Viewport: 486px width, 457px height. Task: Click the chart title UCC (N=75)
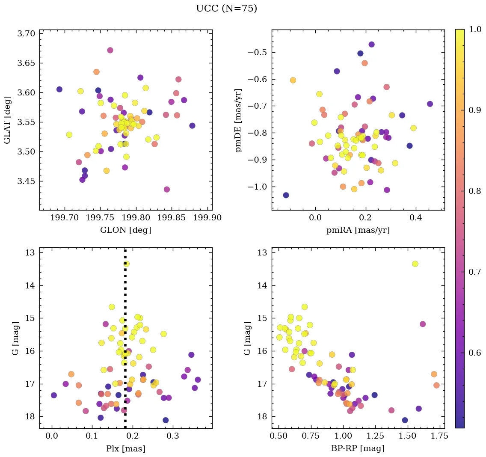pos(226,9)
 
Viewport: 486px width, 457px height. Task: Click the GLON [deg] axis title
pos(125,230)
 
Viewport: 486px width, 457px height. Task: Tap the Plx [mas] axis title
pos(125,448)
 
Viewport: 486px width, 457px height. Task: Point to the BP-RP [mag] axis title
pos(358,448)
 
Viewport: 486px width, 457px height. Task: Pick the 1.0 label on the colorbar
pos(475,29)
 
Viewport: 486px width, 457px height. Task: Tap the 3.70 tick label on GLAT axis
pos(26,33)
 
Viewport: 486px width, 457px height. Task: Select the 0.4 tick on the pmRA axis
pos(416,218)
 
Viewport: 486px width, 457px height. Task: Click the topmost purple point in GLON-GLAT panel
pos(110,50)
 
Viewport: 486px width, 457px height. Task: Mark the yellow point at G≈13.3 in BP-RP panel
pos(415,264)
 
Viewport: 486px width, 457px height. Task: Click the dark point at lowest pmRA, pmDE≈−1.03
pos(286,195)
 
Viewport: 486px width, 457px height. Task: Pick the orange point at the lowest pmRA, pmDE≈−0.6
pos(293,80)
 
